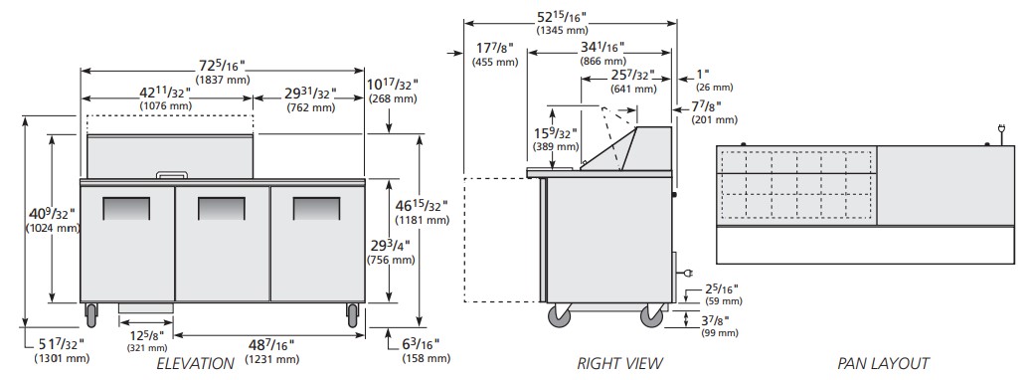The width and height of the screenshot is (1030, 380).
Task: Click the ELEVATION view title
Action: point(195,363)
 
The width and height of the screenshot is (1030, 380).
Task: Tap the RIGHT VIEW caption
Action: point(619,363)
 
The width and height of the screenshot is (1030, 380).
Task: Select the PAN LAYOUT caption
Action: point(883,363)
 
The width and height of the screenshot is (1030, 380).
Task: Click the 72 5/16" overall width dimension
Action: point(222,65)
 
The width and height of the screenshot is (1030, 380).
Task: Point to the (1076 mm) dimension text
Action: point(165,105)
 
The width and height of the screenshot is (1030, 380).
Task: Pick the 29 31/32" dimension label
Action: point(311,94)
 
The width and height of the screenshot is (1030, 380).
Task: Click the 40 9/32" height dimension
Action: point(53,213)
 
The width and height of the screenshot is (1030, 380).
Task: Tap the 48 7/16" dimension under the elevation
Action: point(270,344)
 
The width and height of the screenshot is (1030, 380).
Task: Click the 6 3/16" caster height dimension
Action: point(421,344)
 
